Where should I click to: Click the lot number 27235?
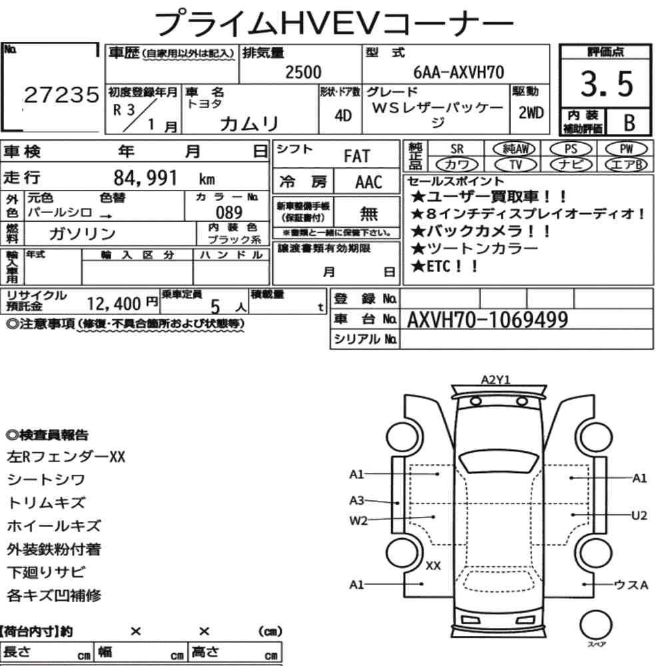tap(61, 95)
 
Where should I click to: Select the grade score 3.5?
tap(607, 84)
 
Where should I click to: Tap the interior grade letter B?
tap(629, 123)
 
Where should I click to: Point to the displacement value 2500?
tap(303, 72)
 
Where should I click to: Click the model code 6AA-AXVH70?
tap(459, 72)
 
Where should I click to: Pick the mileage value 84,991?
tap(145, 178)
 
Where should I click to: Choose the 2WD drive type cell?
tap(531, 113)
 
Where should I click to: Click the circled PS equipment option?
tap(571, 149)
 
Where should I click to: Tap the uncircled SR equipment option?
tap(457, 149)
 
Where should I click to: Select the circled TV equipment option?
tap(515, 165)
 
